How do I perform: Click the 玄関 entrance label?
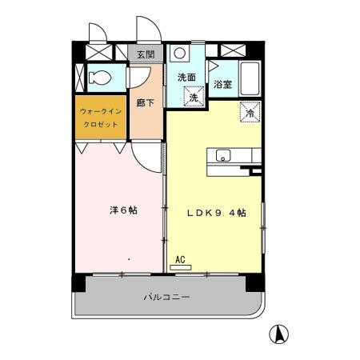click(145, 54)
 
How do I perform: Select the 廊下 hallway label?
click(145, 102)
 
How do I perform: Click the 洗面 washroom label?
click(186, 78)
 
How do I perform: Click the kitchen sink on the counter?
click(222, 155)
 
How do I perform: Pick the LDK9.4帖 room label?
click(216, 213)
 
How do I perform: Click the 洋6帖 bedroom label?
click(122, 211)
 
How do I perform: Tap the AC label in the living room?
click(180, 259)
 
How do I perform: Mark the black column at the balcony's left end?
click(78, 282)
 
